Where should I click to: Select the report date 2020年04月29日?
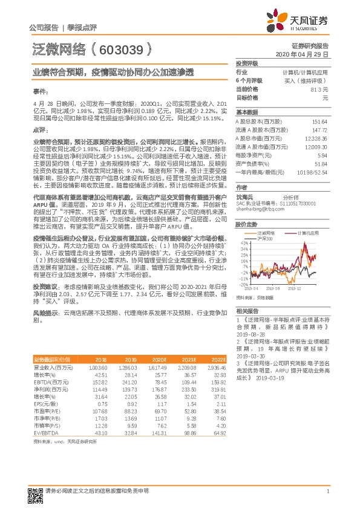(x=303, y=54)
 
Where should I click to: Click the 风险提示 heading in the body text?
(x=45, y=313)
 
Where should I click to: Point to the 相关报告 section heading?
(x=246, y=309)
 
